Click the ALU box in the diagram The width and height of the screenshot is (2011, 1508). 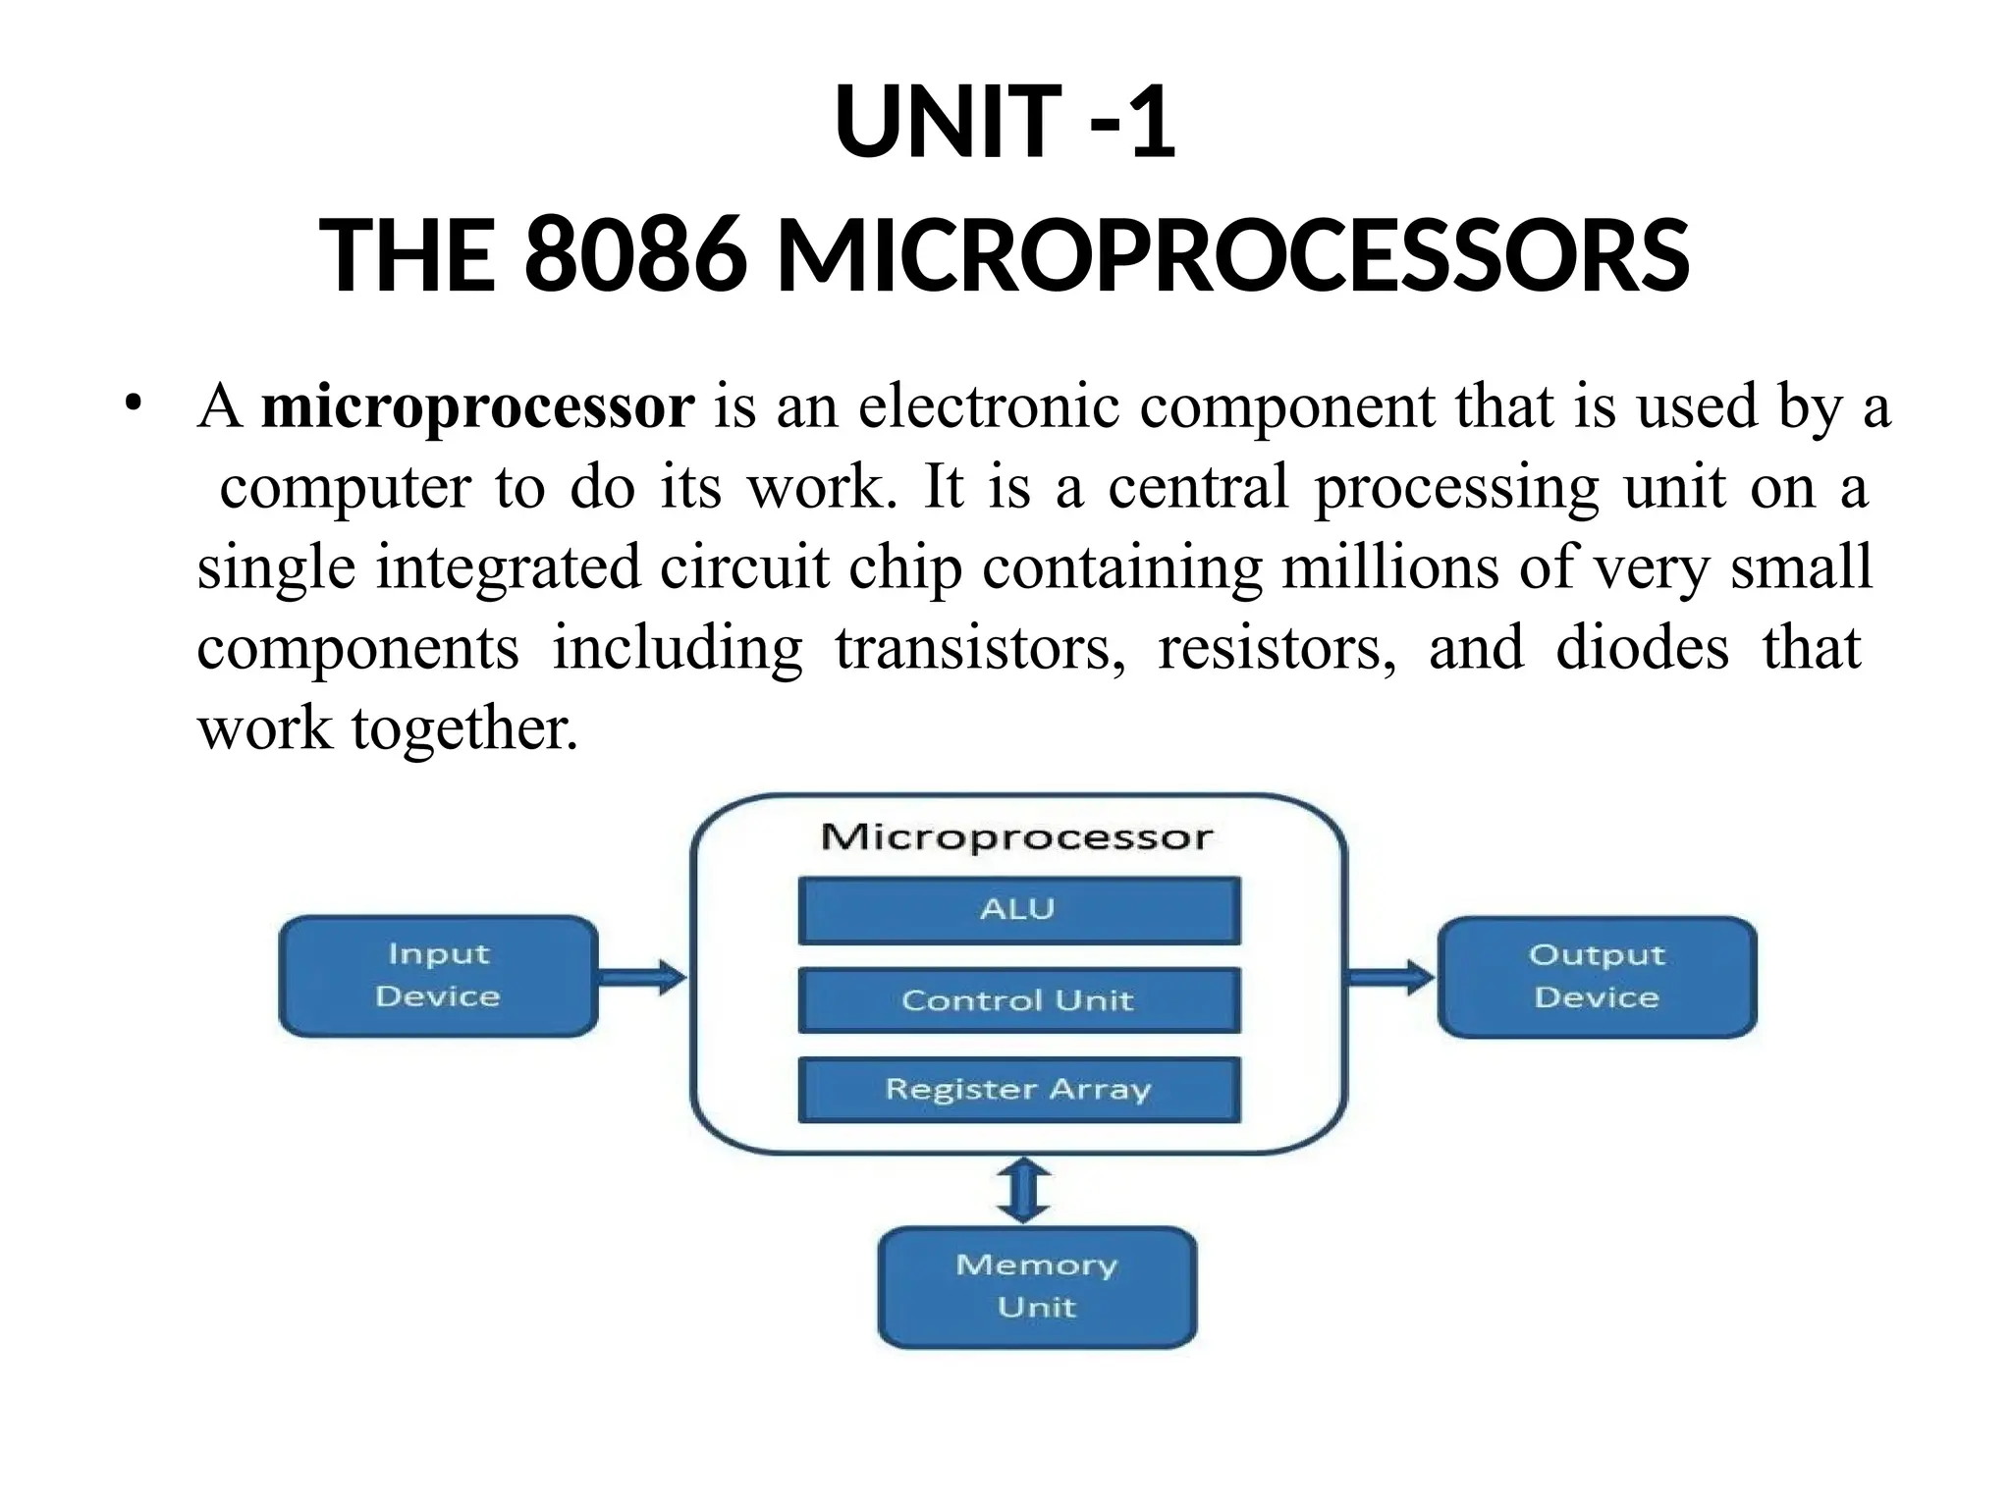[x=1018, y=910]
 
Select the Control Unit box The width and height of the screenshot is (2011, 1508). [x=1018, y=1000]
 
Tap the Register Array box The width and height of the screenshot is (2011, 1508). [x=1018, y=1089]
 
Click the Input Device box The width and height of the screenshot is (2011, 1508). [x=438, y=976]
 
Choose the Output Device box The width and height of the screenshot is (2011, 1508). [x=1597, y=977]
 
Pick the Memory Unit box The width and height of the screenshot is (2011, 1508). [x=1037, y=1286]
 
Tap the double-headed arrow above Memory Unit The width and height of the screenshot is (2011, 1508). [x=1023, y=1190]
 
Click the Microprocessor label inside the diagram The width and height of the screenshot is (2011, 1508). [x=1017, y=837]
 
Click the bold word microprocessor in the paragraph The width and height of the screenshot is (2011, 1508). [x=477, y=406]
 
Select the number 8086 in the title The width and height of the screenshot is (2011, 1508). [x=634, y=255]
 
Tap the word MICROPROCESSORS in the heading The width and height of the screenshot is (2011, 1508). [x=1232, y=255]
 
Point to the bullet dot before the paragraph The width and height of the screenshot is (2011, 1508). [x=134, y=404]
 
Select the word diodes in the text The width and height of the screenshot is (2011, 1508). [x=1642, y=649]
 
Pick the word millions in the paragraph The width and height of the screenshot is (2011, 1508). [x=1390, y=568]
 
